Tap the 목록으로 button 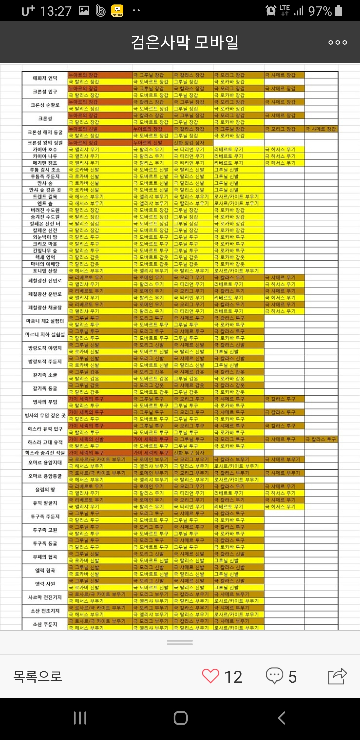(38, 676)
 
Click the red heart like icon (211, 676)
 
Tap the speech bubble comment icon (274, 676)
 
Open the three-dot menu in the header (337, 42)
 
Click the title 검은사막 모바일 (185, 42)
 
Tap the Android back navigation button (282, 718)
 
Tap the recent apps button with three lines (80, 718)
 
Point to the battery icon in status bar (339, 11)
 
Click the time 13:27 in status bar (56, 11)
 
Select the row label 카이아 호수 (45, 149)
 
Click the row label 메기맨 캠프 (45, 163)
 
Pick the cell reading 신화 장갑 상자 (189, 143)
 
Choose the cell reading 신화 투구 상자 (189, 453)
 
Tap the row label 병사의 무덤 (45, 402)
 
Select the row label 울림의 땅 (45, 490)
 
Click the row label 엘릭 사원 (45, 584)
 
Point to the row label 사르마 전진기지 (45, 597)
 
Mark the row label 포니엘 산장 (45, 271)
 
